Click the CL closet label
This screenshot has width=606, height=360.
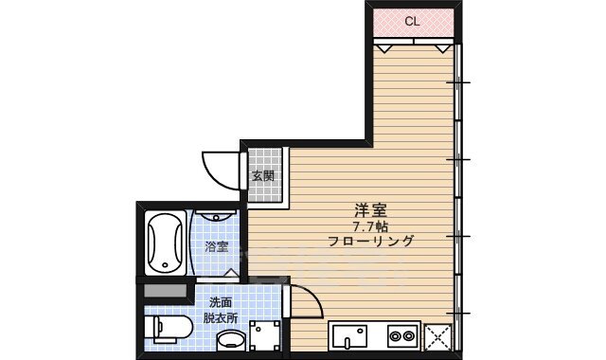coord(412,21)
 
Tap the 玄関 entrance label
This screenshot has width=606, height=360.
coord(262,175)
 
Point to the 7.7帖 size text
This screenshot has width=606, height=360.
coord(370,227)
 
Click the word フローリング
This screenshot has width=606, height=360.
coord(370,243)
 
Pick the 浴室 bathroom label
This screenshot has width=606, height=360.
coord(217,247)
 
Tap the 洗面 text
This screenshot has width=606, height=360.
coord(220,302)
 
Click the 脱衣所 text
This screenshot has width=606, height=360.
coord(220,318)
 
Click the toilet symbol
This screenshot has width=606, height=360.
coord(169,331)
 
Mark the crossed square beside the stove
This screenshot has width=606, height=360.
coord(437,335)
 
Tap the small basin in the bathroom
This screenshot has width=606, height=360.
coord(218,217)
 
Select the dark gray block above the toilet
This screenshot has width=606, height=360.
coord(165,292)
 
